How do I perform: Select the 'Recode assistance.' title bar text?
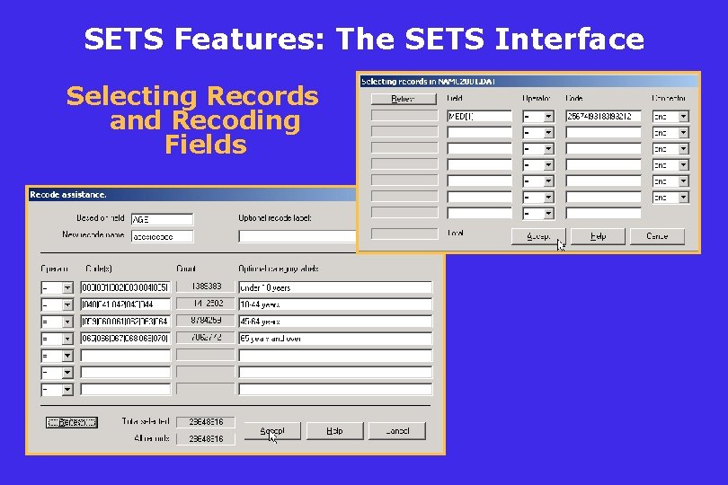click(68, 194)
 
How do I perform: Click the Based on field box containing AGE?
click(162, 219)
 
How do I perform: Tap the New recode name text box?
click(162, 236)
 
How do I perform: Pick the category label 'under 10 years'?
click(334, 287)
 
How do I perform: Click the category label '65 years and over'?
click(334, 339)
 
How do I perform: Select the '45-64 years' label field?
click(334, 322)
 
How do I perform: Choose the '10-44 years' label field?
click(334, 304)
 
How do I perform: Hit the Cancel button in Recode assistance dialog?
click(396, 431)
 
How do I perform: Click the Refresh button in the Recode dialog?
click(72, 422)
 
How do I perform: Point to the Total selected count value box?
click(206, 421)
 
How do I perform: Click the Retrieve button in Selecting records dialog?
click(403, 99)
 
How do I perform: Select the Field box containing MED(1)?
click(479, 116)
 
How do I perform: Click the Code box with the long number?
click(602, 116)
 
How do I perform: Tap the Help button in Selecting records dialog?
click(598, 236)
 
